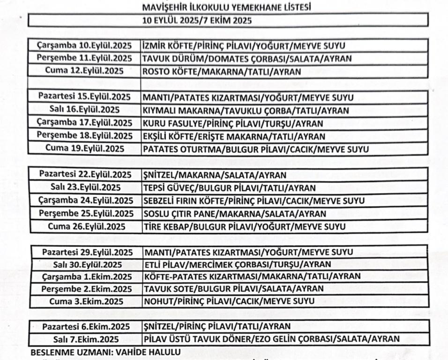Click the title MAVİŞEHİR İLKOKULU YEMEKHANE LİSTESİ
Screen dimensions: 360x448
click(x=227, y=7)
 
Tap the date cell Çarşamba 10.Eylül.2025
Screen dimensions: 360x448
click(x=84, y=46)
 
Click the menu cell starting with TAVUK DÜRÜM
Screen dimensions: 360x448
click(x=247, y=59)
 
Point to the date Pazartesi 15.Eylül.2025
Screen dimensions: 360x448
click(x=84, y=97)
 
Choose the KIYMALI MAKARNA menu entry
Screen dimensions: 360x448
click(x=246, y=111)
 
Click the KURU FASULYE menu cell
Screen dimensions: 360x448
click(x=233, y=123)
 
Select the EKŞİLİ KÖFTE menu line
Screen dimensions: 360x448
click(x=234, y=136)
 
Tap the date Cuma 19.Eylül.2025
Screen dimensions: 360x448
click(x=85, y=149)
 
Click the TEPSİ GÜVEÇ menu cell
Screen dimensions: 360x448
click(x=229, y=188)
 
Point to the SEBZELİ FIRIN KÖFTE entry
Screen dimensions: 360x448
click(x=254, y=201)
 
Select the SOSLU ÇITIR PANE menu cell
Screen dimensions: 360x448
click(x=234, y=214)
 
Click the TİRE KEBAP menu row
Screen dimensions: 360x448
click(x=244, y=227)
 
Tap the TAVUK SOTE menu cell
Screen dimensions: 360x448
click(x=233, y=288)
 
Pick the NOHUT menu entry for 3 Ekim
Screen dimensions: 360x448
click(x=229, y=301)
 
